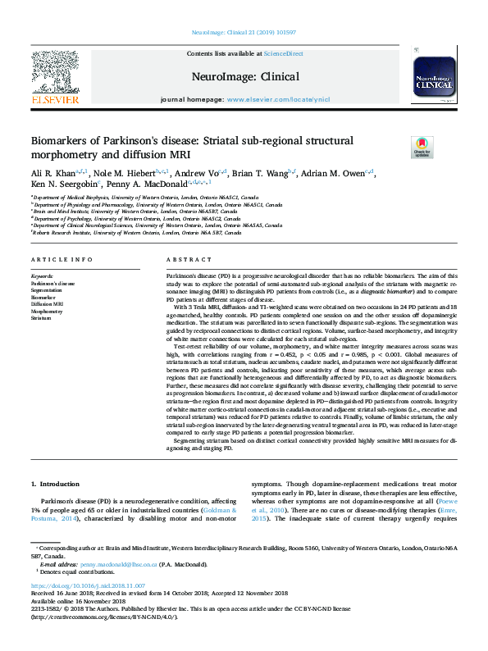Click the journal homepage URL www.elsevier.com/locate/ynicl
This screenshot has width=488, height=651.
278,99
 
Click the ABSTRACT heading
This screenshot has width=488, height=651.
183,260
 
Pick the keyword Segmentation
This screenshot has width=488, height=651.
47,290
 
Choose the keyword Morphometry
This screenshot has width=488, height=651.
47,312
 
